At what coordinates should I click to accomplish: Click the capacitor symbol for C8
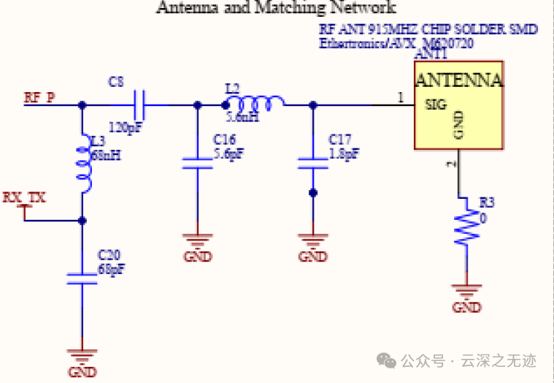tap(139, 105)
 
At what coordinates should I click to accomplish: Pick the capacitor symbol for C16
tap(197, 163)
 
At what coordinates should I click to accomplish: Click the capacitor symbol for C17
tap(313, 162)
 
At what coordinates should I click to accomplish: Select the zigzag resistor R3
tap(466, 228)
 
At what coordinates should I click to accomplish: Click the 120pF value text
tap(125, 127)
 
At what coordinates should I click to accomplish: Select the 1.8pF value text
tap(344, 153)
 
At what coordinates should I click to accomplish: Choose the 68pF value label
tap(111, 269)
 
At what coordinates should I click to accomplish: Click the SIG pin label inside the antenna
tap(436, 105)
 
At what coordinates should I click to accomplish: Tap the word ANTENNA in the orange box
tap(458, 80)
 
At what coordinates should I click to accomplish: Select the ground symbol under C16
tap(197, 241)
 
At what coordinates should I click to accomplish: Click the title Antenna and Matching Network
tap(277, 8)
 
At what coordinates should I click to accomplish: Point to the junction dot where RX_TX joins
tap(82, 220)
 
